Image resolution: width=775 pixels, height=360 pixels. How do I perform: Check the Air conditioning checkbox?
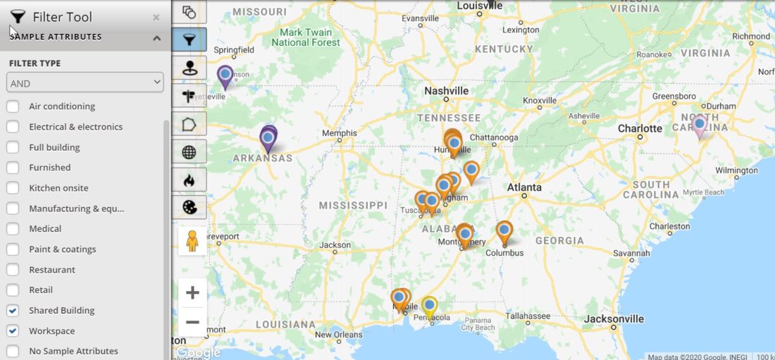13,106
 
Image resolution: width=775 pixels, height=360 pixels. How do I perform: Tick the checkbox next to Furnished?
13,168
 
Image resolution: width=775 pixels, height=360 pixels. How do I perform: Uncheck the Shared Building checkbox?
13,311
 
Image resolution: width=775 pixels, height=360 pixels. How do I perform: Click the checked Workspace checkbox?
13,331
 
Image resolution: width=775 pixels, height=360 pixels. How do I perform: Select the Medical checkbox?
13,229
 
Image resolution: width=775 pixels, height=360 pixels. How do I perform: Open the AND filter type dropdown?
85,83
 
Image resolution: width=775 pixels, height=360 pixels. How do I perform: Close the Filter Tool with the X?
156,18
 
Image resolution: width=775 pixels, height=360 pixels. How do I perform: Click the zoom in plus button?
192,292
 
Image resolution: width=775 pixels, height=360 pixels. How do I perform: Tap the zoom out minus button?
192,323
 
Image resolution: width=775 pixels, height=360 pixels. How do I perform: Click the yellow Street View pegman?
192,241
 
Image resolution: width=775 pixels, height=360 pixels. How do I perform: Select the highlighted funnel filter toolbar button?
190,39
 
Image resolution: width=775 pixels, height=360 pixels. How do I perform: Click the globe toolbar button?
190,151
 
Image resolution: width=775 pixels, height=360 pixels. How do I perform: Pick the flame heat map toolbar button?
190,180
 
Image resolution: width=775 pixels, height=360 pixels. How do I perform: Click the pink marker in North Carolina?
699,125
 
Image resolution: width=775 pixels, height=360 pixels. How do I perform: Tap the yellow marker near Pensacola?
429,306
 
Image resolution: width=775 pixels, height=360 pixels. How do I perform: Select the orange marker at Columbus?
504,231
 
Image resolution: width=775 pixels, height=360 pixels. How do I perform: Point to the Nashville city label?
446,91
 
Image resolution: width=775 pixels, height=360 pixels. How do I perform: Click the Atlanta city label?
524,187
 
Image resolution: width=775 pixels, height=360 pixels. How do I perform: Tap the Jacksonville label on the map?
613,319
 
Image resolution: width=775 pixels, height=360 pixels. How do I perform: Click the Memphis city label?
339,132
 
